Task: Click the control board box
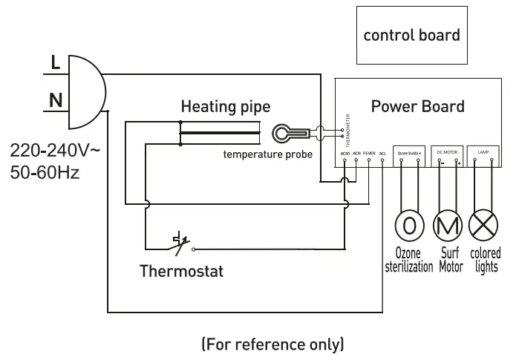point(411,35)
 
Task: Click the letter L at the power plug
point(56,63)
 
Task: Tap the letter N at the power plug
point(56,99)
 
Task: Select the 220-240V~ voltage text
point(54,151)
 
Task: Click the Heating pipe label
point(226,107)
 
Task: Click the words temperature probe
point(268,154)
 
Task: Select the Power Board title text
point(418,105)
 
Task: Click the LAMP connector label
point(483,151)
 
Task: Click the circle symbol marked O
point(408,225)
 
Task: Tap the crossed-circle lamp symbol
point(485,225)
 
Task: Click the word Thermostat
point(182,271)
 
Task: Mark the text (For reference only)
point(272,344)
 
